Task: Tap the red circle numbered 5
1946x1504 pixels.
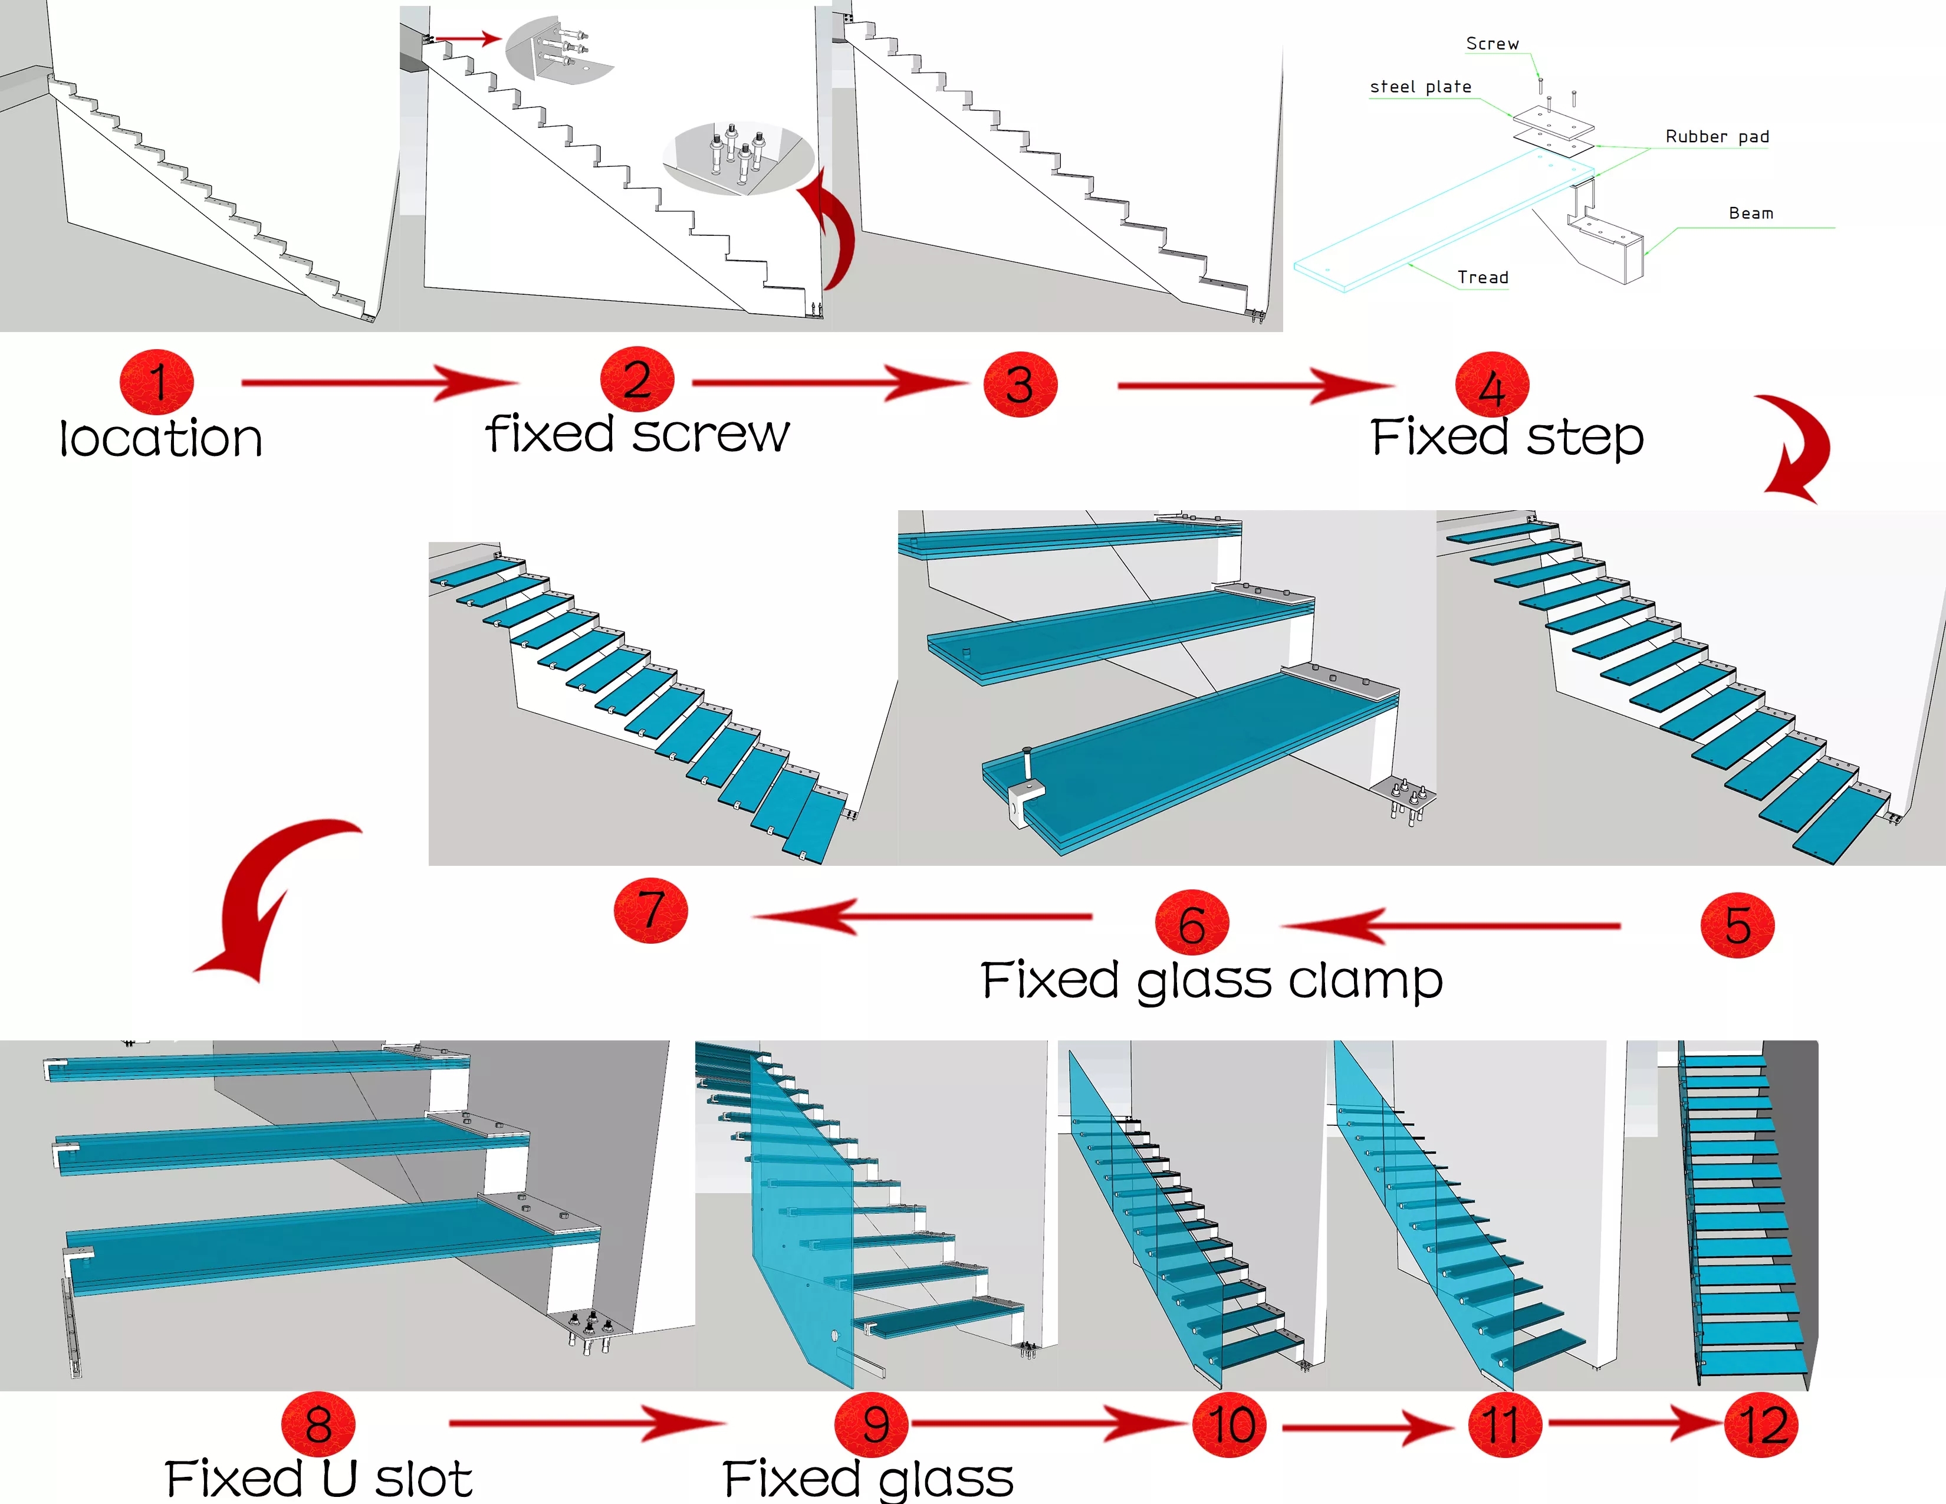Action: [x=1737, y=926]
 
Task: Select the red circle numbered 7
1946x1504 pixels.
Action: [x=652, y=911]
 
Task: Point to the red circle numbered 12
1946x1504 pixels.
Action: [x=1761, y=1425]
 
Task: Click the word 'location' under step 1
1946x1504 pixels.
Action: [x=161, y=438]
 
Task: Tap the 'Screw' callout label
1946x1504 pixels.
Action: [x=1493, y=44]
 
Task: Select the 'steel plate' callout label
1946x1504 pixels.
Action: [x=1421, y=87]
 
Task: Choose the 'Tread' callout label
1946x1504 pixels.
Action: [x=1482, y=277]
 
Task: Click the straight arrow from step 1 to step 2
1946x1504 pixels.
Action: [x=380, y=383]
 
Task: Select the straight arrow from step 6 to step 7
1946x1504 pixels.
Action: [x=922, y=916]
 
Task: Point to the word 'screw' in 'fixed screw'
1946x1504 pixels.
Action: [x=711, y=435]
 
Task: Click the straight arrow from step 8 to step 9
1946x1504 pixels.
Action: [x=587, y=1423]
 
